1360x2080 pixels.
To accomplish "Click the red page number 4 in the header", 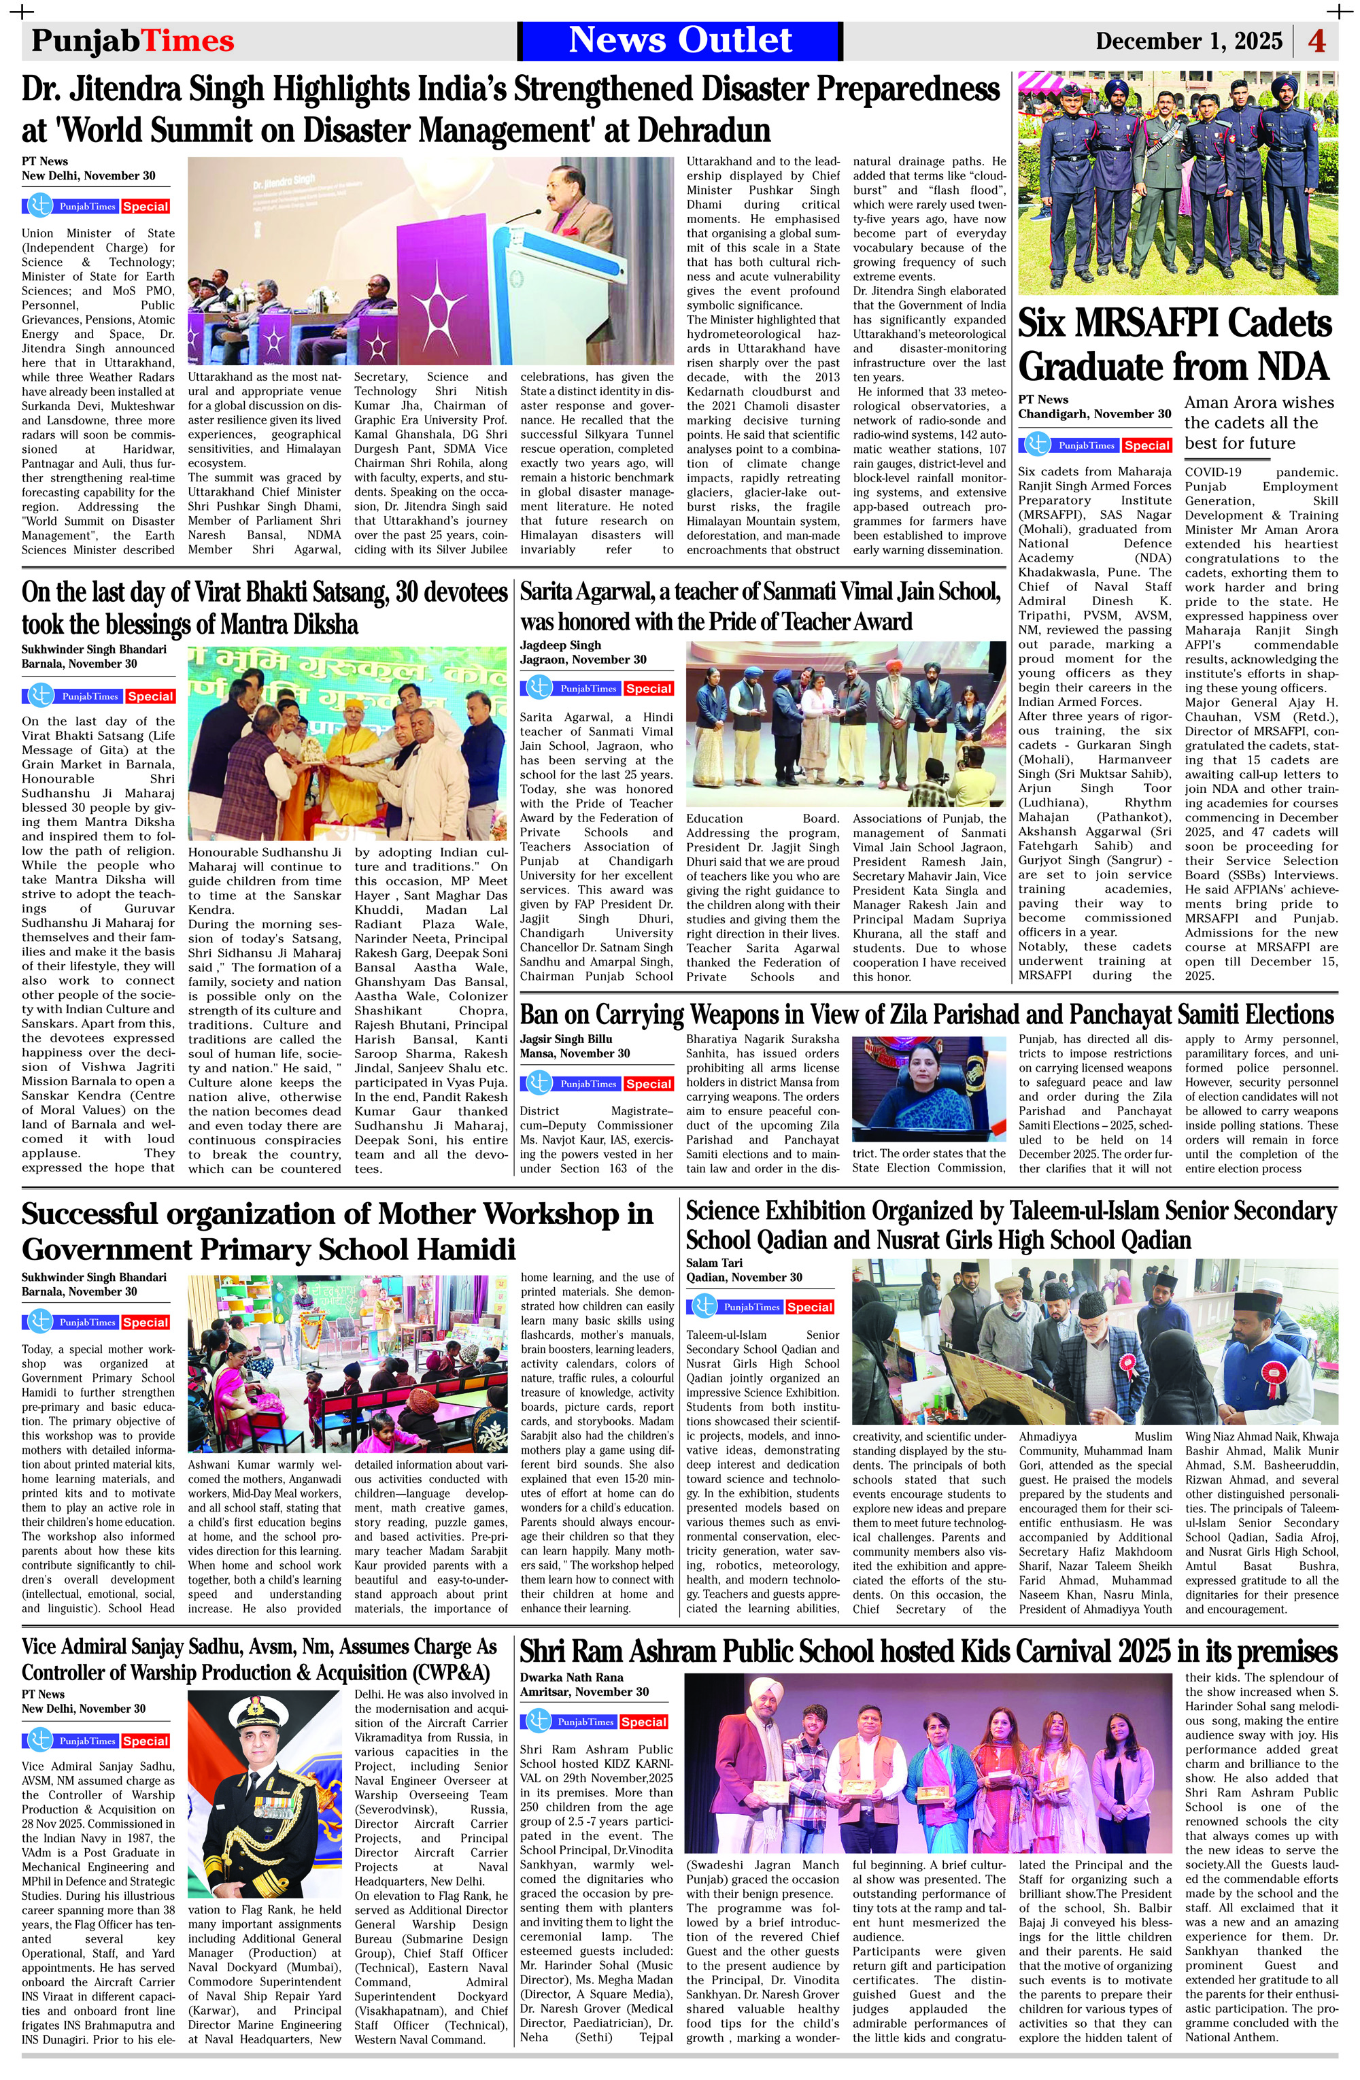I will [x=1316, y=41].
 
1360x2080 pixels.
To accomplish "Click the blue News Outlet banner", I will [x=680, y=40].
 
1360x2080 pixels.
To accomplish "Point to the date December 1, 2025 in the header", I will [x=1188, y=41].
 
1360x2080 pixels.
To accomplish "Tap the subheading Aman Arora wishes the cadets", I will [x=1259, y=422].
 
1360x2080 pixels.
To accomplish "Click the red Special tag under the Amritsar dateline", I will [x=643, y=1722].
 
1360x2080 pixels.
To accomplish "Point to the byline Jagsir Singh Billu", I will [x=566, y=1039].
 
